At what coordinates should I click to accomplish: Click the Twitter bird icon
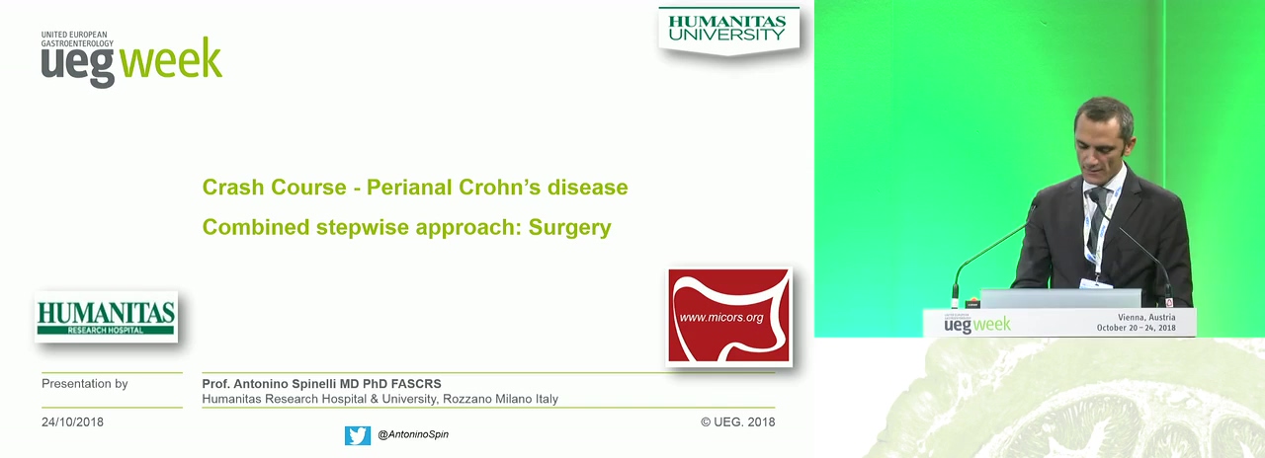[x=358, y=435]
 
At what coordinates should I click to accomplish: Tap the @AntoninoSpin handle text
[x=413, y=434]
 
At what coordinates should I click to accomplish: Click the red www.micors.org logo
[x=728, y=316]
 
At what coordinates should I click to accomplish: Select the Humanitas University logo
[x=728, y=30]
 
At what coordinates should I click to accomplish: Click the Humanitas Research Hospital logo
[x=106, y=317]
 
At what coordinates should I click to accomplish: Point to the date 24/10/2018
[x=72, y=421]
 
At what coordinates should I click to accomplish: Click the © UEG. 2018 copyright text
[x=737, y=421]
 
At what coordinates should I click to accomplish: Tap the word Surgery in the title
[x=569, y=228]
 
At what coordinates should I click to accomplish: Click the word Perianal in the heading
[x=409, y=188]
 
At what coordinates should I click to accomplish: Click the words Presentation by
[x=85, y=384]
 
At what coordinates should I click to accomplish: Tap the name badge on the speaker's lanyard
[x=1095, y=283]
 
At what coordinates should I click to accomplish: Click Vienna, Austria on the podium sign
[x=1146, y=318]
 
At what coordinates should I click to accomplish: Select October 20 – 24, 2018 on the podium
[x=1137, y=328]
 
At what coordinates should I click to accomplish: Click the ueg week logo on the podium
[x=977, y=323]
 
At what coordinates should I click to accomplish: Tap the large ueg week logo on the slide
[x=131, y=59]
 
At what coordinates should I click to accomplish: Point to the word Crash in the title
[x=231, y=188]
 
